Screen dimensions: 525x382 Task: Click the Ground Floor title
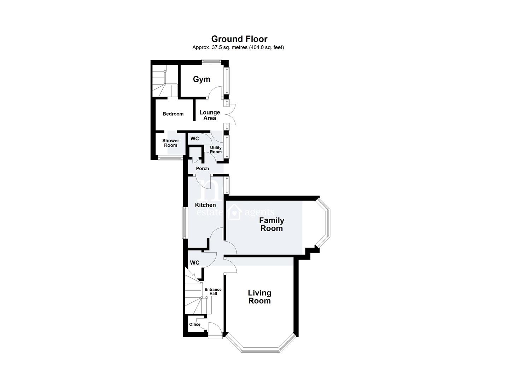[239, 39]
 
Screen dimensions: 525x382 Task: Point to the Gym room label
[202, 79]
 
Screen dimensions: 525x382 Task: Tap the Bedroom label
[173, 114]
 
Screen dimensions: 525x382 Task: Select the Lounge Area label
[210, 115]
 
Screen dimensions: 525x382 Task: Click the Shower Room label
[171, 143]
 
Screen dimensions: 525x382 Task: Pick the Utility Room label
[216, 150]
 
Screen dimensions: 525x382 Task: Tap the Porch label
[203, 168]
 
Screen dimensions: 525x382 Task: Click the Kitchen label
[205, 205]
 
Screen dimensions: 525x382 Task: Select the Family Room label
[272, 224]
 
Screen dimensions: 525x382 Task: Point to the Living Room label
[260, 297]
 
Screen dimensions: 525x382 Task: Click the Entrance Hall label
[213, 291]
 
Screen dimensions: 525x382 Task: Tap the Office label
[195, 324]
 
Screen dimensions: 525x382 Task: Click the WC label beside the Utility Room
[194, 139]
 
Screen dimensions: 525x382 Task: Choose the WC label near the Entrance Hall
[194, 263]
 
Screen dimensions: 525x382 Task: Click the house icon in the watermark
[235, 212]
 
